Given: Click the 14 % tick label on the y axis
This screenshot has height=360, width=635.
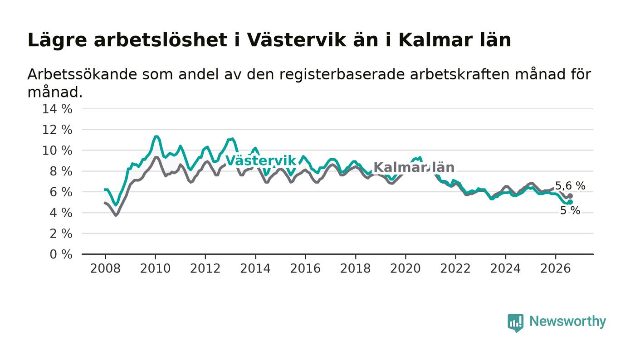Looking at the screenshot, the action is click(x=57, y=109).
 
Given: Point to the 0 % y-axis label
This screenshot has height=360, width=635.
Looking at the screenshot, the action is click(x=61, y=254).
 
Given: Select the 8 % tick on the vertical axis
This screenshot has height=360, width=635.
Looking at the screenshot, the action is click(x=61, y=171).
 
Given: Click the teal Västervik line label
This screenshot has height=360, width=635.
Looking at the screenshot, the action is click(x=261, y=161).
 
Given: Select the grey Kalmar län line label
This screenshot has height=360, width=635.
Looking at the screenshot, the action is click(x=414, y=167).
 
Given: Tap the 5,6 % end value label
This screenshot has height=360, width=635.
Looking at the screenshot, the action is click(x=570, y=186).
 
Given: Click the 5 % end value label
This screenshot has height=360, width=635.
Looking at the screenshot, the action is click(x=570, y=211).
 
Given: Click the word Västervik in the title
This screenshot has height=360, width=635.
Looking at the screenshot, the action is click(x=297, y=40).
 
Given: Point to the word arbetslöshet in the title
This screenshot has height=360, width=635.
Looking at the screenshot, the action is click(x=161, y=40).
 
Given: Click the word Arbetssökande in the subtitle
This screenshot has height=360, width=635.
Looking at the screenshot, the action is click(x=82, y=74).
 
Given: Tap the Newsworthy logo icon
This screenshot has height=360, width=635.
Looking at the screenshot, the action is click(x=515, y=323).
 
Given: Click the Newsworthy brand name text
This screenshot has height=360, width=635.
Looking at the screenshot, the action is click(x=567, y=321).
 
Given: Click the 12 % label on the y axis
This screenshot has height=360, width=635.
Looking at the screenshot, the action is click(x=57, y=130).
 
